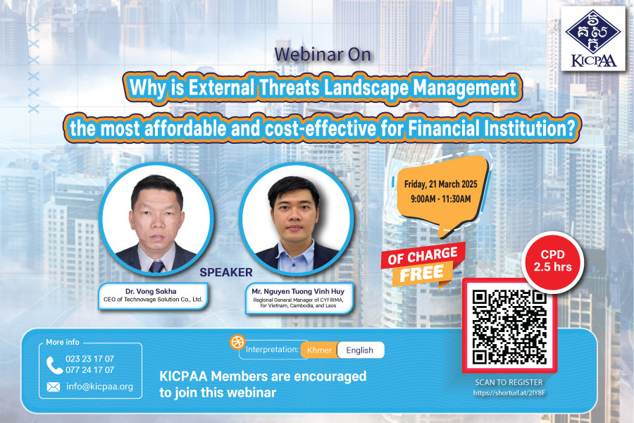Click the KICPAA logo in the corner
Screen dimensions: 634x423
click(592, 39)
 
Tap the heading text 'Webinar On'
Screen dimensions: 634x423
click(323, 55)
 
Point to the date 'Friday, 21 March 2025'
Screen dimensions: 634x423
click(441, 184)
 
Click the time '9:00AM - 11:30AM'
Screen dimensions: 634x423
click(441, 199)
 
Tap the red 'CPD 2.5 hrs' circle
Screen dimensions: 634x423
click(552, 261)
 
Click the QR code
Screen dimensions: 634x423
click(509, 327)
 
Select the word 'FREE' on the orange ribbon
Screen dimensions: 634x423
click(421, 274)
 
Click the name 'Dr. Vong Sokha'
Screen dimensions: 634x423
click(151, 291)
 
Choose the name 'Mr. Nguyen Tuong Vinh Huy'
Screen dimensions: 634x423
click(298, 291)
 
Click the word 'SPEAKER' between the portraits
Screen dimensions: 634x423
click(226, 272)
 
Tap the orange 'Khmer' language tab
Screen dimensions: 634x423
click(319, 350)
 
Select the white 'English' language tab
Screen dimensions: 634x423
click(360, 350)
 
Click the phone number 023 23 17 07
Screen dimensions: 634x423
click(89, 359)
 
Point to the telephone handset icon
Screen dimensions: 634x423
click(54, 365)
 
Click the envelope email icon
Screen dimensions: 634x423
click(54, 387)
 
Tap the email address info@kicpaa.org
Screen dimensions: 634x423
click(99, 386)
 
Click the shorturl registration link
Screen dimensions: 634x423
click(509, 393)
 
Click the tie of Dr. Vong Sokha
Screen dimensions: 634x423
click(156, 266)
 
